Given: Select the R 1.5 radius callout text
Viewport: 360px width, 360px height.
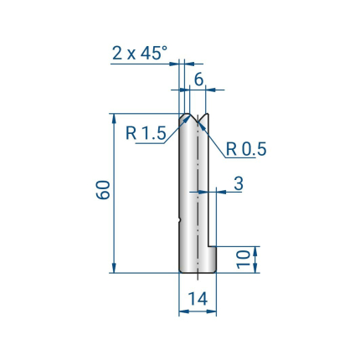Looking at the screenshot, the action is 146,133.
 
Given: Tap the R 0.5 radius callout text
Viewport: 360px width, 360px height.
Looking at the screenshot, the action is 246,149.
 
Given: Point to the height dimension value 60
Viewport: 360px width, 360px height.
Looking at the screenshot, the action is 103,190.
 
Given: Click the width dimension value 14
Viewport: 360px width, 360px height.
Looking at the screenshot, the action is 198,299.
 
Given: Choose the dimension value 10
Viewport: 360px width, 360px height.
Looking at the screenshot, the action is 243,260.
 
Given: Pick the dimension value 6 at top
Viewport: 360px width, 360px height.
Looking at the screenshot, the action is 198,80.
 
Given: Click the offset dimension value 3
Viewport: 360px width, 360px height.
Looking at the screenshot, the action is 239,183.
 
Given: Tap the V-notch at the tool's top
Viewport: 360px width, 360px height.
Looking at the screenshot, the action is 198,119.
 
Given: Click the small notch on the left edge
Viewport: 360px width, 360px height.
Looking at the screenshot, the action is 179,221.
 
